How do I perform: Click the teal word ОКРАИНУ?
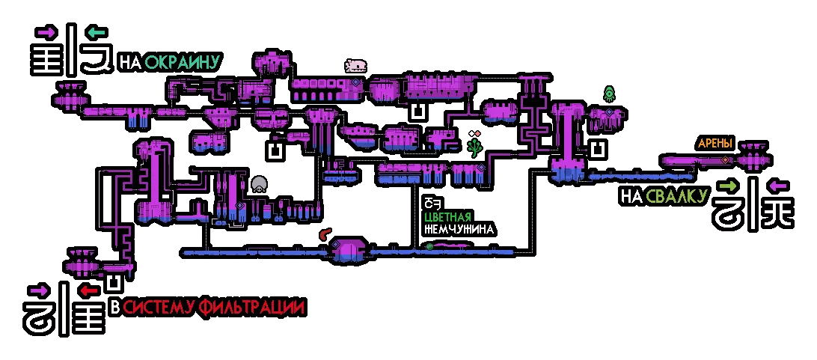pyautogui.click(x=183, y=63)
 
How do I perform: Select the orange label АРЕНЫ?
pyautogui.click(x=715, y=144)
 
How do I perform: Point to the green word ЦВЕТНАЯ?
pyautogui.click(x=448, y=217)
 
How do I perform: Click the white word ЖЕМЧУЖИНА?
pyautogui.click(x=459, y=229)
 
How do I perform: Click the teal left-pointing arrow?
pyautogui.click(x=98, y=34)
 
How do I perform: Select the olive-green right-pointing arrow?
pyautogui.click(x=727, y=186)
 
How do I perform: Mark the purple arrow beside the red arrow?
pyautogui.click(x=40, y=290)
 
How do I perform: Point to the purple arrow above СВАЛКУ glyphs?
pyautogui.click(x=779, y=186)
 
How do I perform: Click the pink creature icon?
pyautogui.click(x=356, y=66)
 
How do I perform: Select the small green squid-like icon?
pyautogui.click(x=608, y=94)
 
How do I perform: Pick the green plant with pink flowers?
pyautogui.click(x=474, y=144)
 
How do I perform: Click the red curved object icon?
pyautogui.click(x=325, y=234)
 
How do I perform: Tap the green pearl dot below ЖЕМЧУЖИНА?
pyautogui.click(x=429, y=246)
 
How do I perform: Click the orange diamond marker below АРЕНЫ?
pyautogui.click(x=725, y=160)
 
